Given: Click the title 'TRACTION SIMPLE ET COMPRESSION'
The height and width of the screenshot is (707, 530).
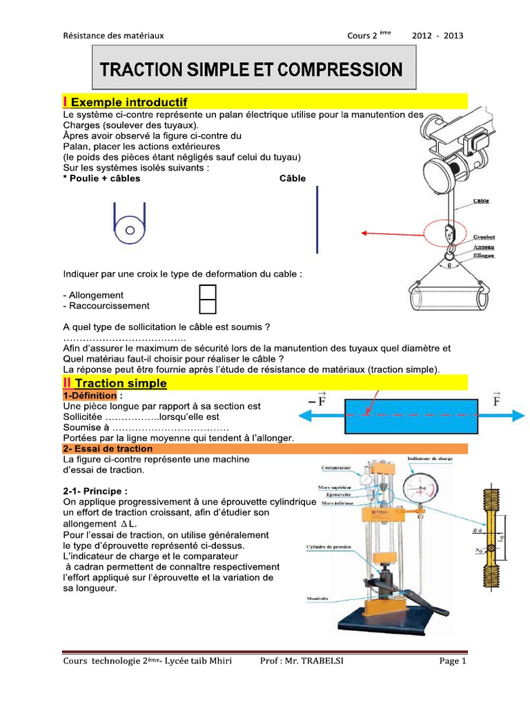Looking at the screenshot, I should [251, 69].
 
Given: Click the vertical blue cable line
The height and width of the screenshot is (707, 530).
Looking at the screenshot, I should [317, 220].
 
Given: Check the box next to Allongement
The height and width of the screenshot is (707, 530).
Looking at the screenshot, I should [208, 293].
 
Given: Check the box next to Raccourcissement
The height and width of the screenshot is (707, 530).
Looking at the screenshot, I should [208, 307].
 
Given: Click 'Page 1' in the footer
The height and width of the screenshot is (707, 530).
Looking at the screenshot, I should [453, 661].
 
